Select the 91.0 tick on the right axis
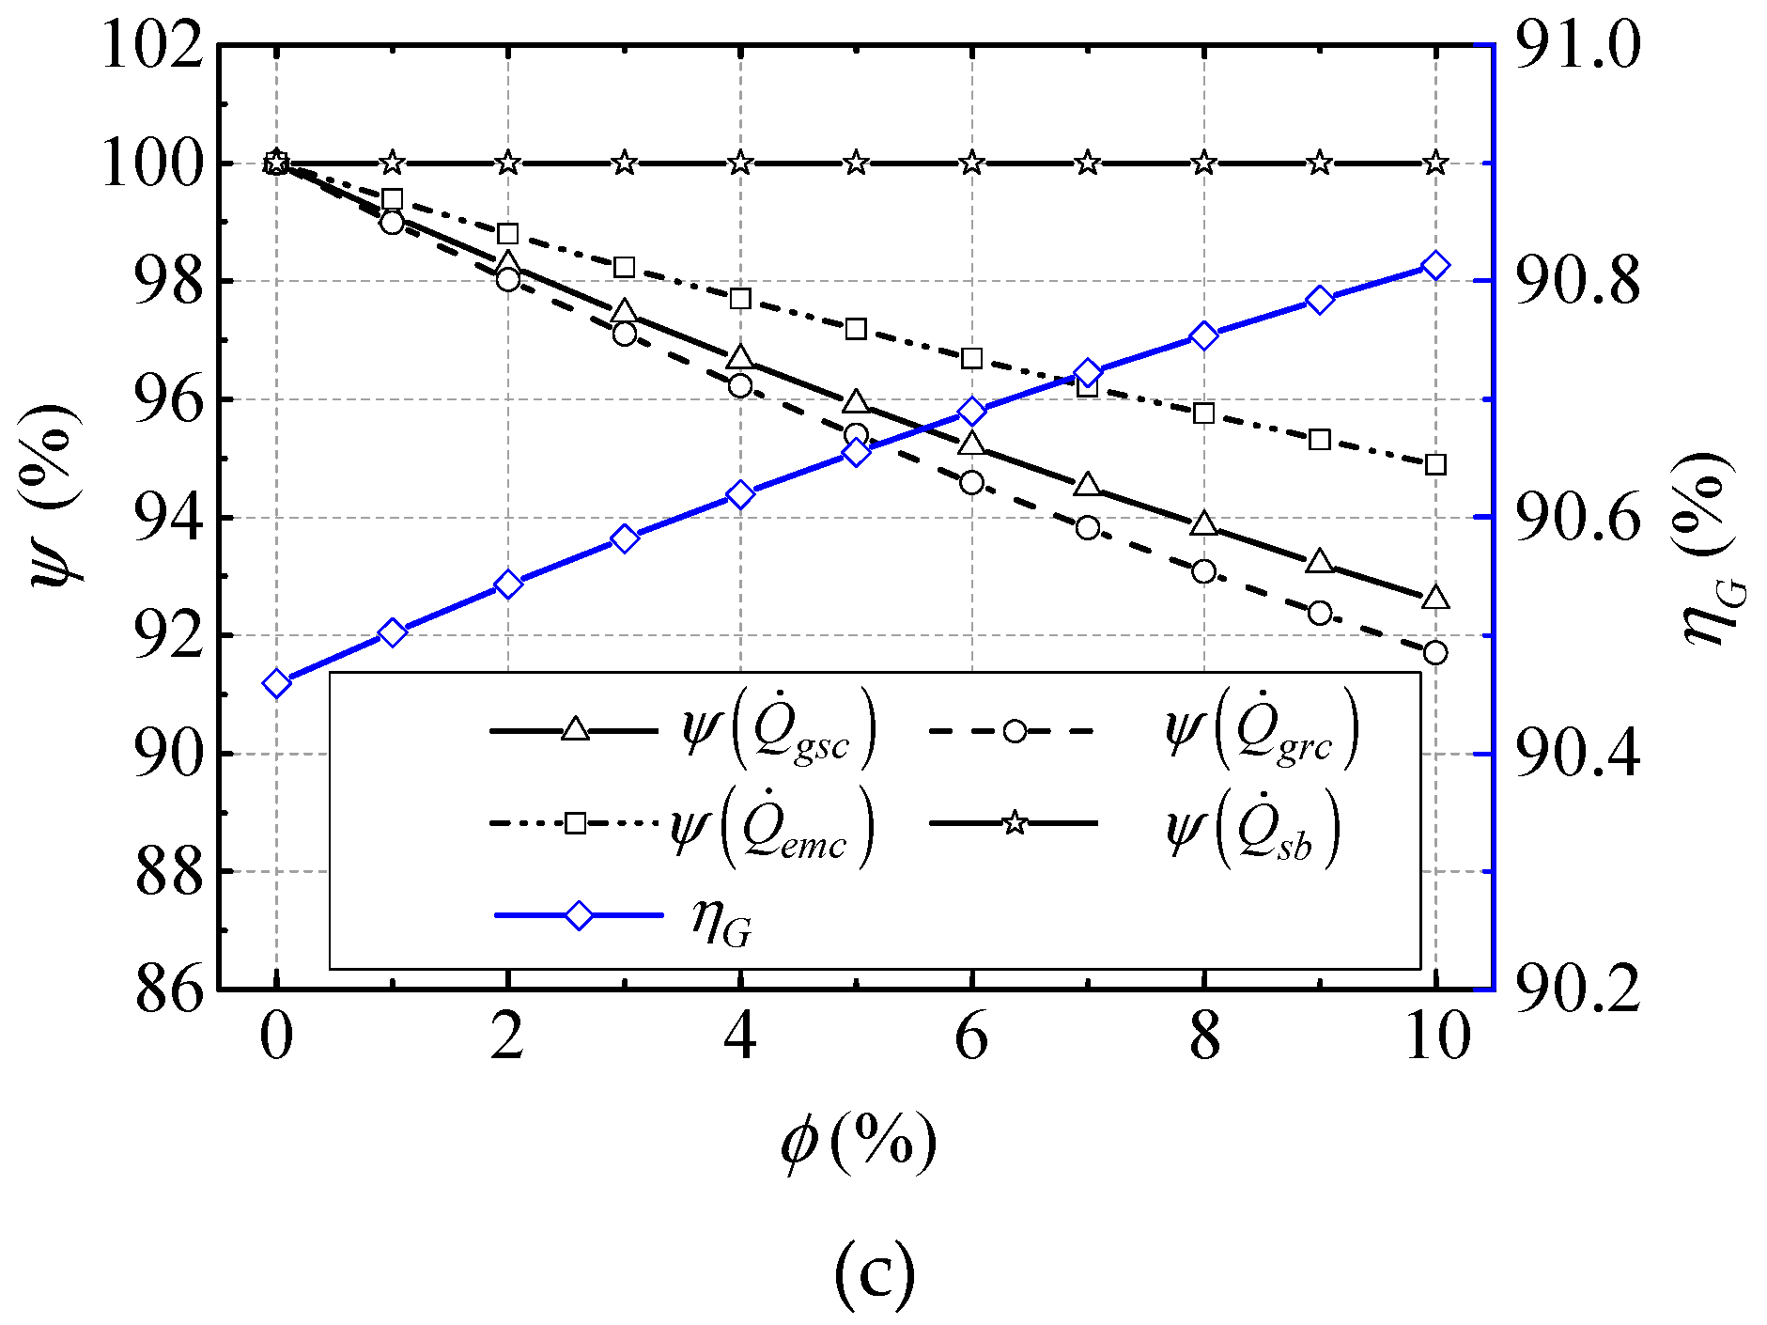tap(1578, 45)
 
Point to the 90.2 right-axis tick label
tap(1578, 990)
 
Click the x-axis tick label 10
tap(1435, 1037)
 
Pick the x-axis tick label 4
tap(740, 1037)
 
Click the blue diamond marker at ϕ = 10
tap(1435, 267)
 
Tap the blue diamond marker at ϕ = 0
tap(276, 683)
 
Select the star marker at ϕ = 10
tap(1435, 164)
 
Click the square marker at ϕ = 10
tap(1435, 464)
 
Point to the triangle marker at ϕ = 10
tap(1435, 598)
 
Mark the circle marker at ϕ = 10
tap(1435, 652)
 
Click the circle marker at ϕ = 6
tap(972, 483)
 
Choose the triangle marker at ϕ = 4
tap(740, 358)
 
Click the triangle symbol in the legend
tap(575, 729)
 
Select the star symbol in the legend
tap(1015, 824)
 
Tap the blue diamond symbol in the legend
tap(580, 915)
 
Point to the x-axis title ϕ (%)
tap(859, 1144)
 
